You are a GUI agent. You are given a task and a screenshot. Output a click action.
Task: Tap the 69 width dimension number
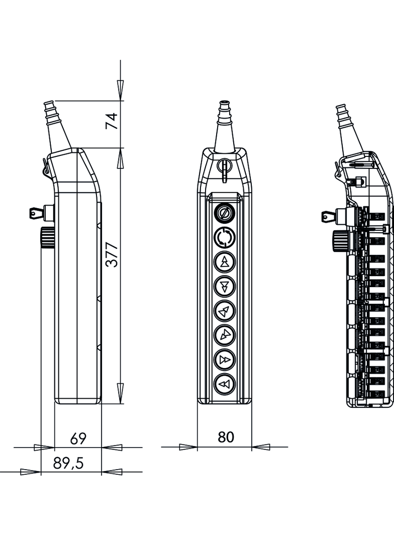pyautogui.click(x=78, y=438)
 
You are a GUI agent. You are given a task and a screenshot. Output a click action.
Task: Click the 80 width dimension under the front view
pyautogui.click(x=226, y=437)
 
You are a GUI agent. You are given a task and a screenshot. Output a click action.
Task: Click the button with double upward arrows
pyautogui.click(x=224, y=261)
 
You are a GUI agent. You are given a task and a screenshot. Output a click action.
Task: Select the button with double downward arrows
pyautogui.click(x=224, y=287)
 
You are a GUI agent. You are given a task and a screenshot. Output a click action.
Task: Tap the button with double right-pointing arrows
pyautogui.click(x=224, y=360)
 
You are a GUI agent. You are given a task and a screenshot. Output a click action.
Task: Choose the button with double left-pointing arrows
pyautogui.click(x=224, y=385)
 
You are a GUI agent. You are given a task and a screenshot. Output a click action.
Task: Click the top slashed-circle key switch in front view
pyautogui.click(x=224, y=213)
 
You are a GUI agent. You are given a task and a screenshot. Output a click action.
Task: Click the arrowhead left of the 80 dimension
pyautogui.click(x=188, y=446)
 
